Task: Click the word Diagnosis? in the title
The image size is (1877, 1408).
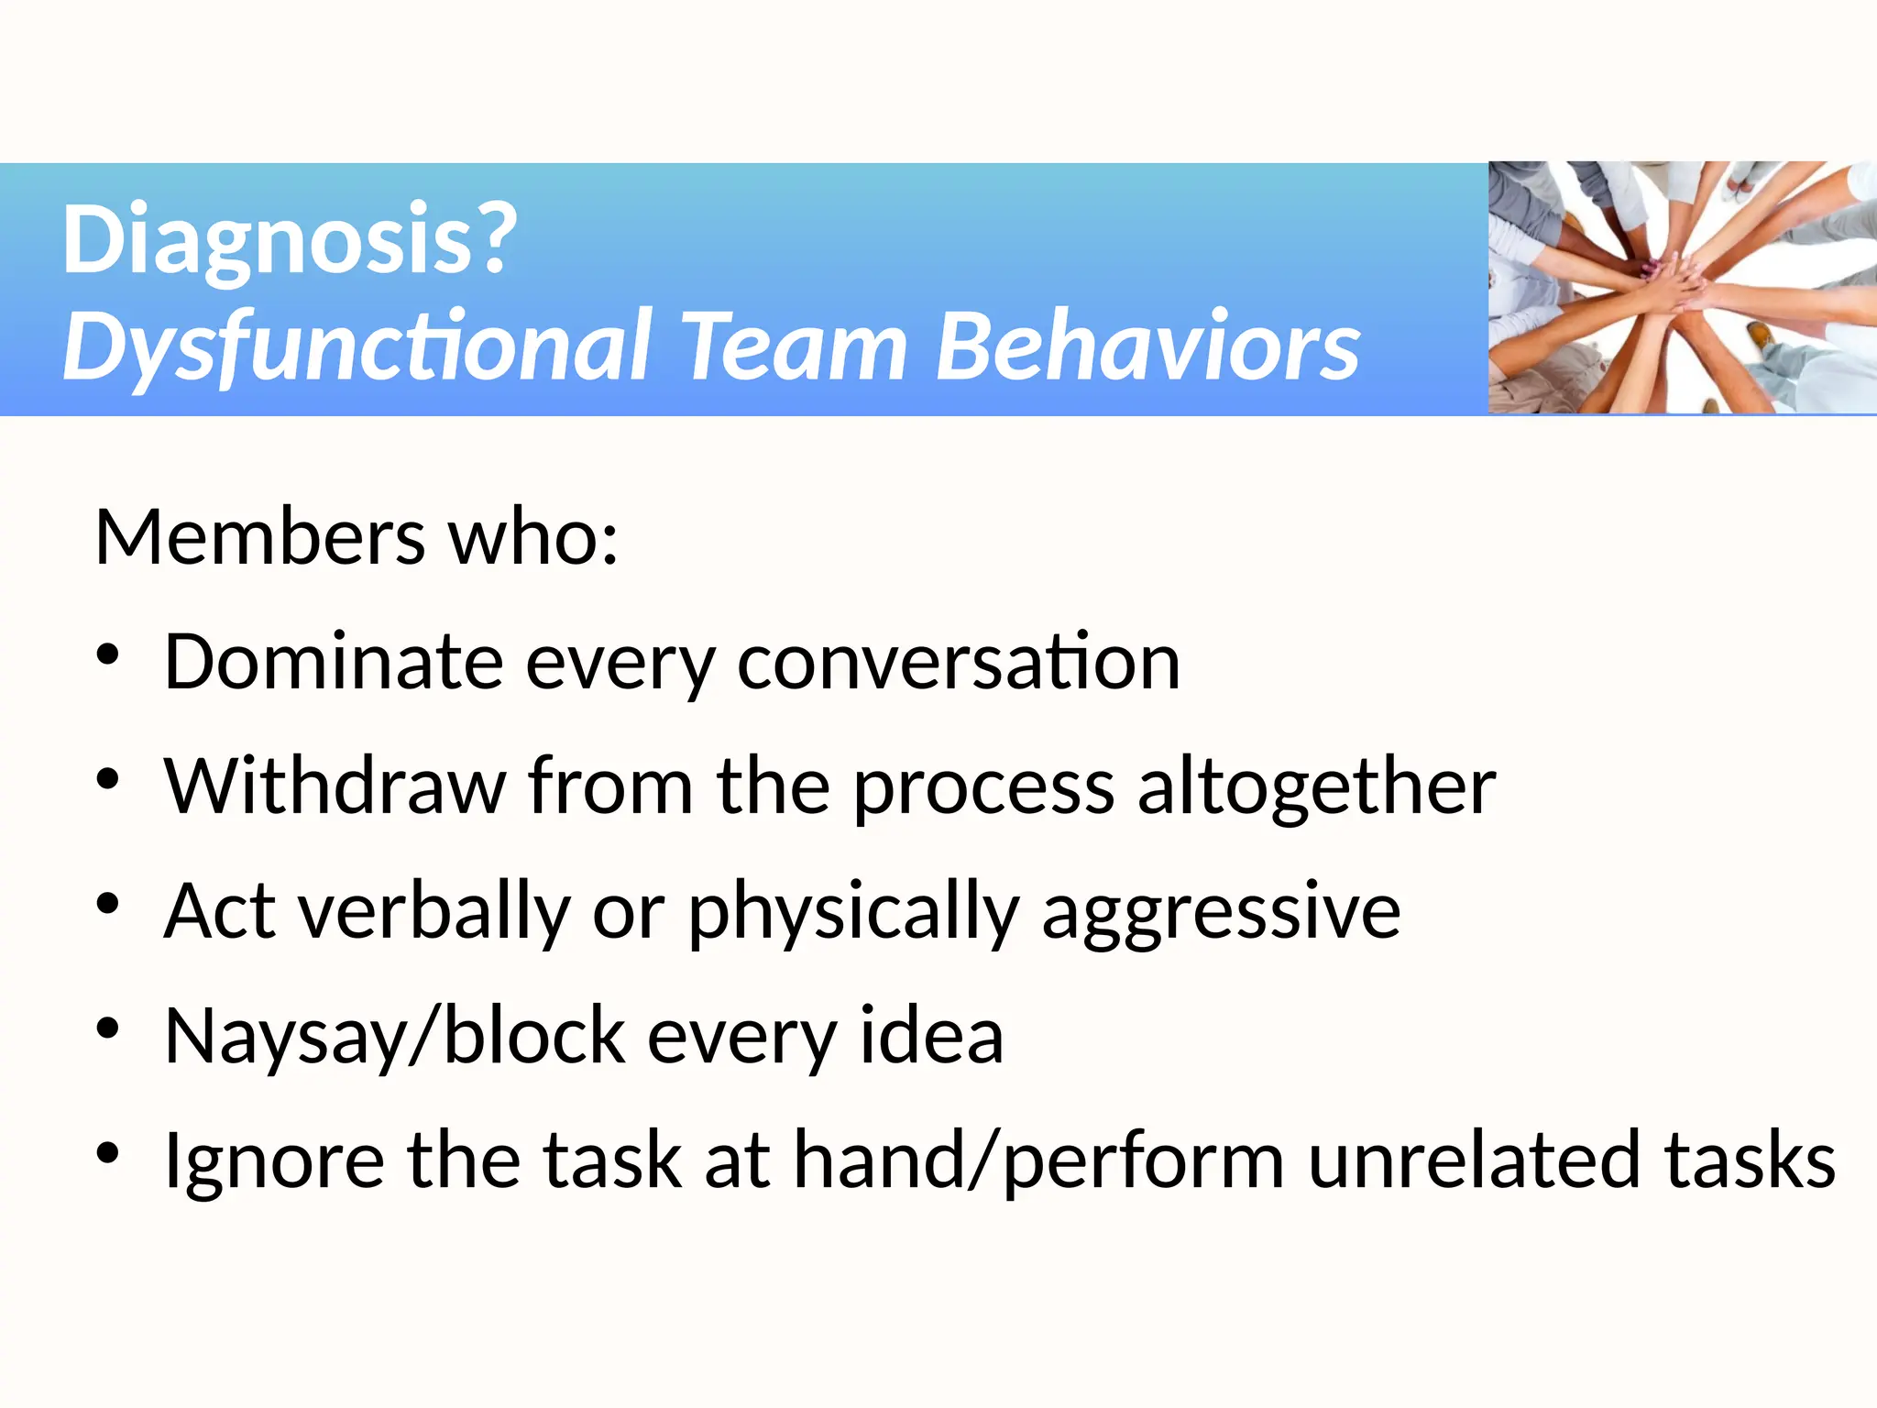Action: [289, 240]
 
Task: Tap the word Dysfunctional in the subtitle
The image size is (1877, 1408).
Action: [357, 346]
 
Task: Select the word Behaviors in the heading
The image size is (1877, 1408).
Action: [1147, 346]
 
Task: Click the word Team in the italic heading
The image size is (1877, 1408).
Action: [796, 346]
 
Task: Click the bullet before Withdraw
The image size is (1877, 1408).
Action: [108, 780]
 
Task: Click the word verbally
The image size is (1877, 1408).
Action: [435, 911]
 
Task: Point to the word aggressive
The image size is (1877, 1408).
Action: [1221, 911]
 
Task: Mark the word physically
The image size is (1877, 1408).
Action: [852, 911]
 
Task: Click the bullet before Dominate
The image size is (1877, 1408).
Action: [108, 655]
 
